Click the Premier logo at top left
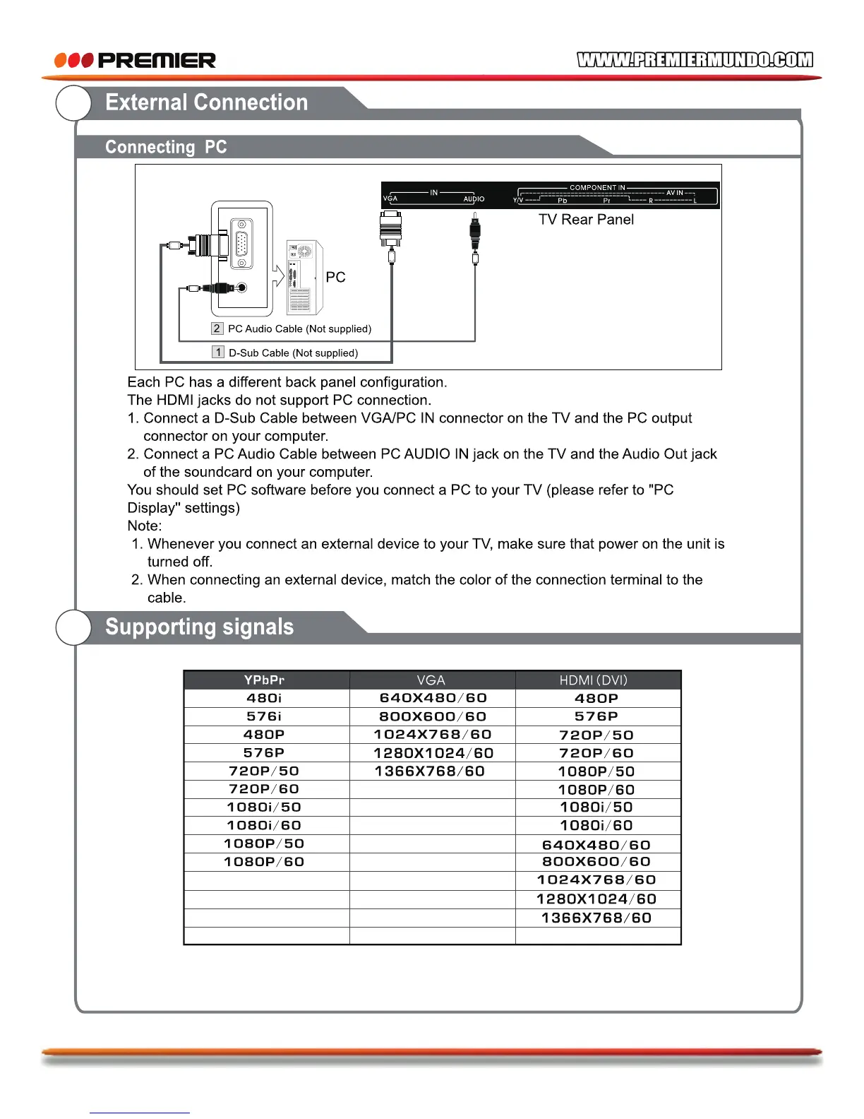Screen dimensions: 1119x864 pos(135,60)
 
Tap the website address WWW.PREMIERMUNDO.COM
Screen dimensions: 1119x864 pos(695,60)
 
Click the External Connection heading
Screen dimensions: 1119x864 pos(206,102)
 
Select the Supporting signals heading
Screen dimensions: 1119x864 pos(199,627)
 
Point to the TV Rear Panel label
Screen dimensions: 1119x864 pos(586,220)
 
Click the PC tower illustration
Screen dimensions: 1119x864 pos(304,278)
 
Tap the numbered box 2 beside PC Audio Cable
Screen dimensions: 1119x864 pos(217,328)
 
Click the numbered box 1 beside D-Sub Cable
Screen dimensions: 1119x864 pos(218,353)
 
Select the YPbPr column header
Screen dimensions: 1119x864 pos(264,680)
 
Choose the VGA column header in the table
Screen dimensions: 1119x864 pos(431,680)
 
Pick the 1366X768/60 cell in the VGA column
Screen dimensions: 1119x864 pos(430,771)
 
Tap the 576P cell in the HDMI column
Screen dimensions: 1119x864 pos(596,716)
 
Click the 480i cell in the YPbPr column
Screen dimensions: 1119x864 pos(264,698)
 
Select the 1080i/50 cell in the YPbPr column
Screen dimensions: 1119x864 pos(264,807)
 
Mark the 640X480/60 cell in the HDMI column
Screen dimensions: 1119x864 pos(596,845)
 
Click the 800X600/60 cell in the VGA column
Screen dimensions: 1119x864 pos(433,716)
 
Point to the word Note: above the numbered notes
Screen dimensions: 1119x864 pos(145,526)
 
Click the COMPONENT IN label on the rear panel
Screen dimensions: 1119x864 pos(597,188)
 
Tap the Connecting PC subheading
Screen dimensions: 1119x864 pos(166,147)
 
